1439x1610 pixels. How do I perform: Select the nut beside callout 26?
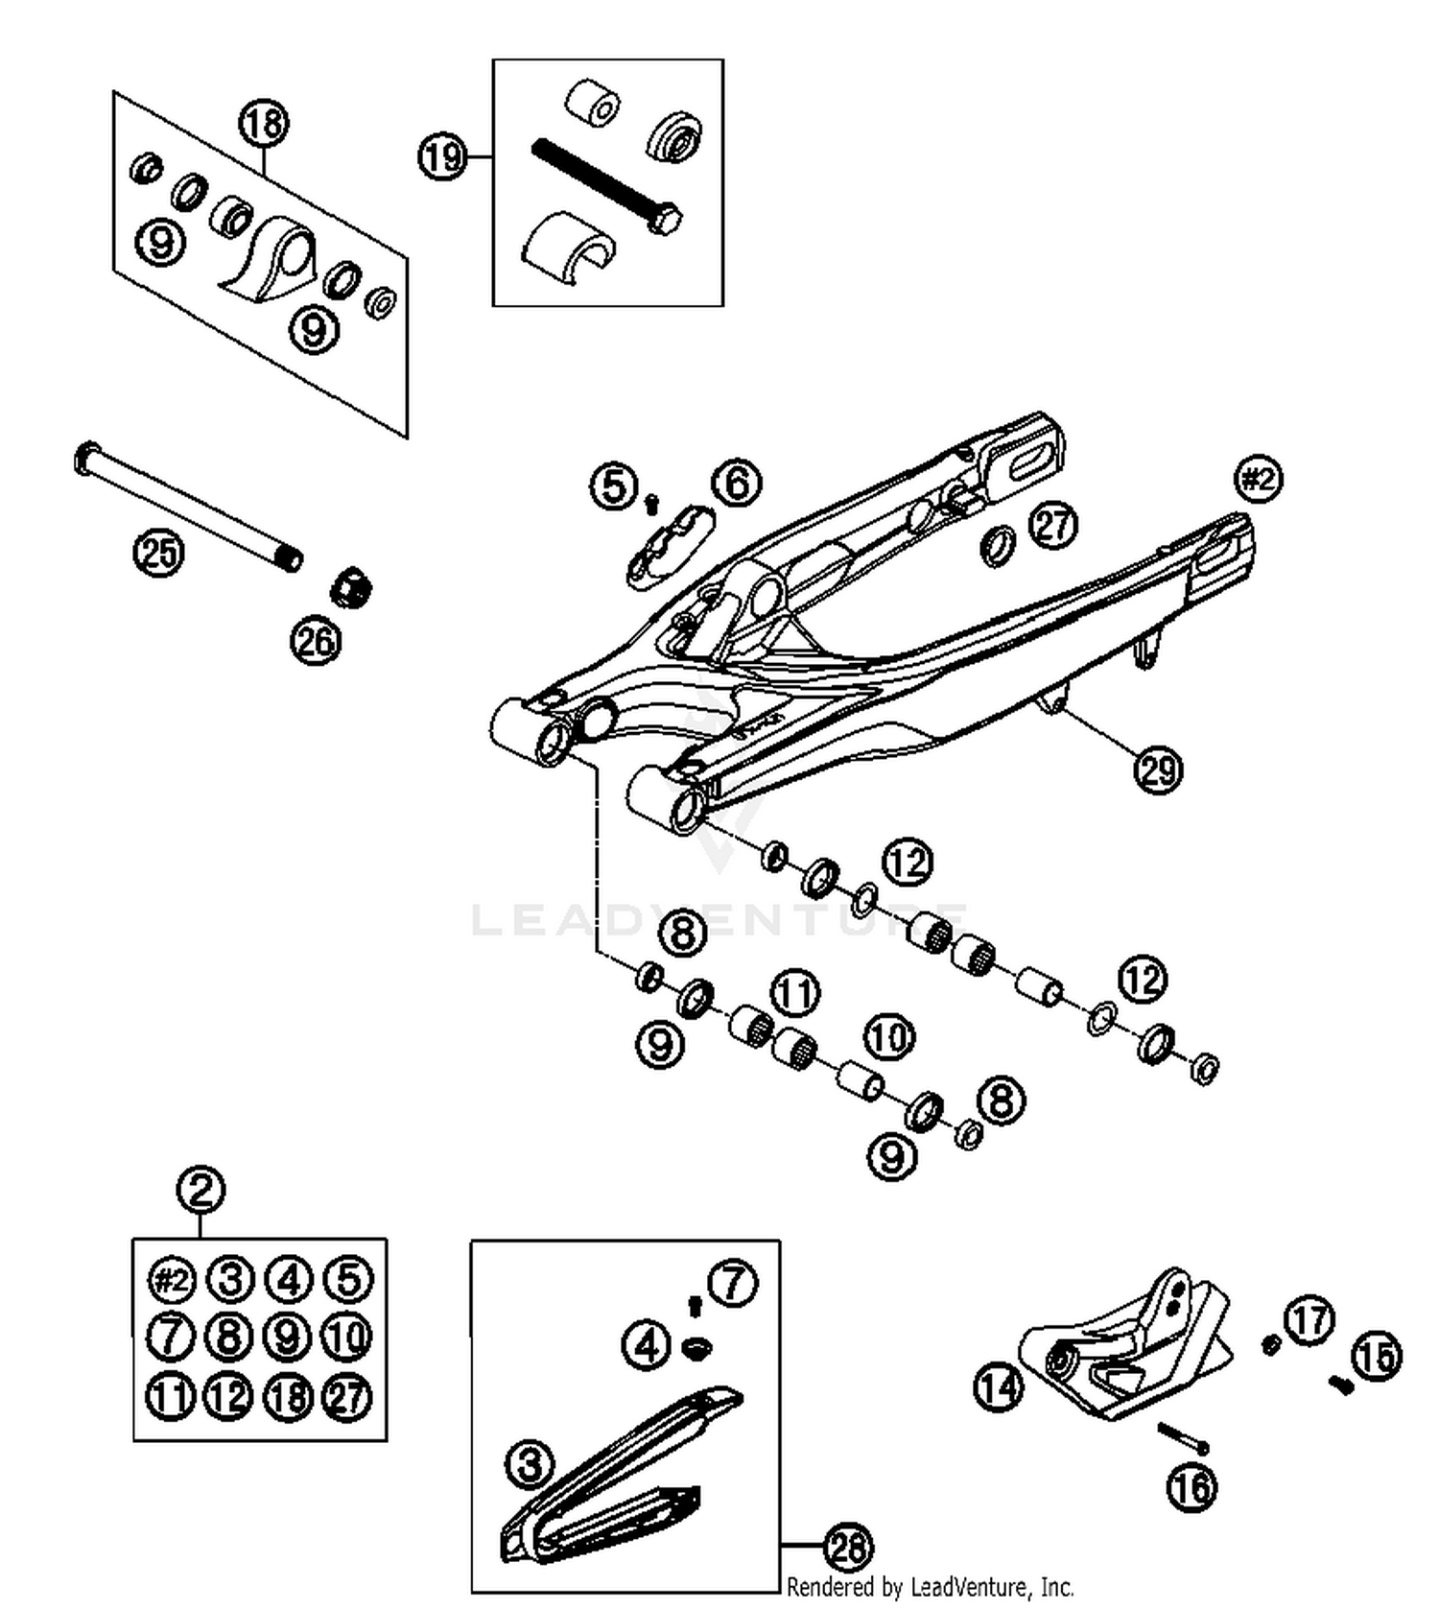351,587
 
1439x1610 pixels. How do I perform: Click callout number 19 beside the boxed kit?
442,156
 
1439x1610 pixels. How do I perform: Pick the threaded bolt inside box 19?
604,186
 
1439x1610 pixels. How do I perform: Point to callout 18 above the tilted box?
263,123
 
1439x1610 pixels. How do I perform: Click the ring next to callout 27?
998,545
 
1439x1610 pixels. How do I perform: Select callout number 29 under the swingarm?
1158,769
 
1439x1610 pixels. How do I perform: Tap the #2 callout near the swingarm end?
1258,479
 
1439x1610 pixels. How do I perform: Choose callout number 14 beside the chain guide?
999,1387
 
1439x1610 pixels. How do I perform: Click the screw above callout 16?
1183,1437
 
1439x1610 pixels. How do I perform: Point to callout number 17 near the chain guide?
1309,1319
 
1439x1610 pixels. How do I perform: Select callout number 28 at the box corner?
848,1547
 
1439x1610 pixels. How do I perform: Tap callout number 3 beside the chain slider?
530,1464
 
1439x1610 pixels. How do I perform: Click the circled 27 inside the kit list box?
347,1396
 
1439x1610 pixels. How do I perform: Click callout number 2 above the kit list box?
201,1190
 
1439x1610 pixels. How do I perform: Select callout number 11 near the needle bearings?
794,993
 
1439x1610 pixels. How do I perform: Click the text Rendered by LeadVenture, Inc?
930,1587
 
